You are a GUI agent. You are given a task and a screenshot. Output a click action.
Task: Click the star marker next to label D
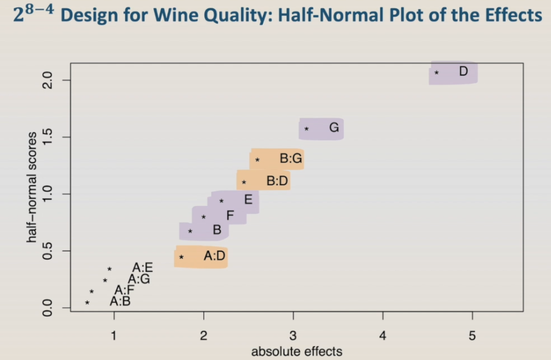click(x=437, y=73)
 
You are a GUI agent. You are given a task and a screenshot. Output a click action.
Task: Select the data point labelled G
click(x=307, y=129)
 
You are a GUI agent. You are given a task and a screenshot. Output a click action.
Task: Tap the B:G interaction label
click(x=291, y=159)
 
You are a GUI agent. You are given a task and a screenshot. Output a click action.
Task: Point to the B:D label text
click(x=278, y=182)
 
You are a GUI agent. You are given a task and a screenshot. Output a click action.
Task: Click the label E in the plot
click(x=248, y=199)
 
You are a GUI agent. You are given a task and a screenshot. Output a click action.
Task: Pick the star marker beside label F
click(x=204, y=217)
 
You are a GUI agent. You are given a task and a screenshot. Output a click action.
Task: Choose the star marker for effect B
click(x=190, y=231)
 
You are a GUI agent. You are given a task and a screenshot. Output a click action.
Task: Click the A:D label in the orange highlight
click(x=214, y=256)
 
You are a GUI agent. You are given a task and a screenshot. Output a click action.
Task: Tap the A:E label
click(x=142, y=267)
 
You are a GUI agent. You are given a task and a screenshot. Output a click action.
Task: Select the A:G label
click(x=139, y=279)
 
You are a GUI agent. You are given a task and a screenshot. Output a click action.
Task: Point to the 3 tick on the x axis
click(x=293, y=335)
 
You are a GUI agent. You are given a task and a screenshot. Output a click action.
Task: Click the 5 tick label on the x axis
click(x=472, y=335)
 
